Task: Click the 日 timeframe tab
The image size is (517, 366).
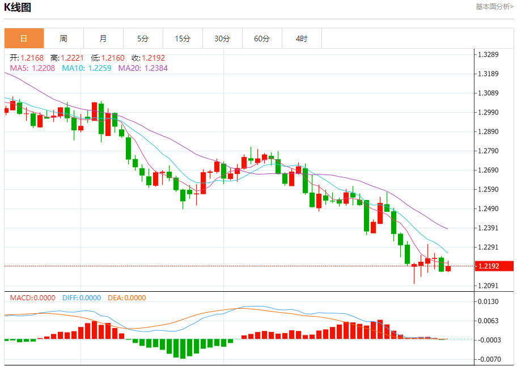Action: pos(24,39)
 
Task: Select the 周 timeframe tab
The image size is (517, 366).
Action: pos(63,39)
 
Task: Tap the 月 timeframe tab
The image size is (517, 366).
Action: pos(103,39)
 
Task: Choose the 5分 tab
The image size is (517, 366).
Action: pos(143,39)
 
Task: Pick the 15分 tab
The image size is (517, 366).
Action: pos(183,39)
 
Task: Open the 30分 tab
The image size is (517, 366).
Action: pos(222,39)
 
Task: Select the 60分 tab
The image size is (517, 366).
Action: pos(262,39)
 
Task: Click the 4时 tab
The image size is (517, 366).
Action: pos(302,39)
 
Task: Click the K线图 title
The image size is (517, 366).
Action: pos(18,7)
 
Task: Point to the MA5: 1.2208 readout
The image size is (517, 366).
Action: pos(32,68)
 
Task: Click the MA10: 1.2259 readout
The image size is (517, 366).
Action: pos(86,68)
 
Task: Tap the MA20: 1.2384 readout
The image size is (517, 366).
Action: pos(143,68)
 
